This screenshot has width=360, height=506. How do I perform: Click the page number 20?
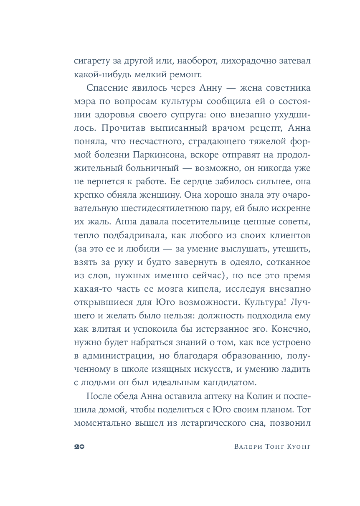79,447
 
